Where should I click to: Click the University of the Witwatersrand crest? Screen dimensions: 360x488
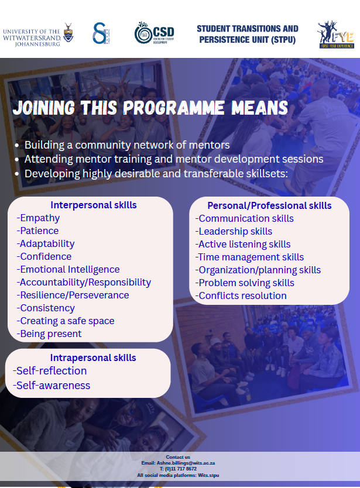pyautogui.click(x=68, y=33)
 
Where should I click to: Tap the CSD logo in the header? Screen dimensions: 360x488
pyautogui.click(x=154, y=33)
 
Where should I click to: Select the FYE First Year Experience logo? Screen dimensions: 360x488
pyautogui.click(x=336, y=35)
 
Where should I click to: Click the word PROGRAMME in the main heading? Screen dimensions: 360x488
pyautogui.click(x=174, y=108)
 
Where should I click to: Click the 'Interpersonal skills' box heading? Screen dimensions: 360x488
pyautogui.click(x=94, y=205)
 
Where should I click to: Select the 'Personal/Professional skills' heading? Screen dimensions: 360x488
pyautogui.click(x=269, y=206)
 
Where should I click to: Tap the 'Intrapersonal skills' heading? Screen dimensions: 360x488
pyautogui.click(x=93, y=358)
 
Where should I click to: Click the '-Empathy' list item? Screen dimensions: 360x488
pyautogui.click(x=38, y=218)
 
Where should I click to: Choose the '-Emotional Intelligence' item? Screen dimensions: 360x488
pyautogui.click(x=68, y=270)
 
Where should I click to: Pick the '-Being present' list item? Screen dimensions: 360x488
pyautogui.click(x=49, y=334)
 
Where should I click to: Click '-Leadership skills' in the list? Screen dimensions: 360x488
pyautogui.click(x=234, y=232)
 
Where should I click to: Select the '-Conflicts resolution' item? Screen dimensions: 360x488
pyautogui.click(x=241, y=296)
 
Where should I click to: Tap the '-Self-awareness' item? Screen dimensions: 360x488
pyautogui.click(x=52, y=386)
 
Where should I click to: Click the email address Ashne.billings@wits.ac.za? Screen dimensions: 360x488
pyautogui.click(x=186, y=463)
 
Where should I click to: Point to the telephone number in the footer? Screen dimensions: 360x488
pyautogui.click(x=178, y=469)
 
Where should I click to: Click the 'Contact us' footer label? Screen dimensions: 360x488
pyautogui.click(x=178, y=457)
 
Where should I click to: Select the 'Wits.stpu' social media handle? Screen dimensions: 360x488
pyautogui.click(x=208, y=476)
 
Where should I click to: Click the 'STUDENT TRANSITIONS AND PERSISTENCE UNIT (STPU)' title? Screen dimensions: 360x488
pyautogui.click(x=248, y=35)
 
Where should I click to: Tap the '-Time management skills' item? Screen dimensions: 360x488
pyautogui.click(x=249, y=257)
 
